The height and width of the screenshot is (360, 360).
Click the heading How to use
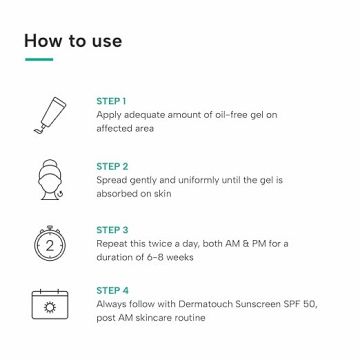point(72,41)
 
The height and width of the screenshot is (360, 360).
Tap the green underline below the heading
point(38,60)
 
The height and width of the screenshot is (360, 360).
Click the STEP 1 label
point(111,102)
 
